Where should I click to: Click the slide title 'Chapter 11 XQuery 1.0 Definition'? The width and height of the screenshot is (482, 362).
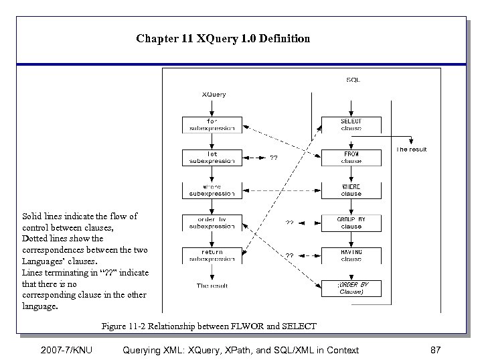point(223,38)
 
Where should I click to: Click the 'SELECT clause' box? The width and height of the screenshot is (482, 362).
point(351,125)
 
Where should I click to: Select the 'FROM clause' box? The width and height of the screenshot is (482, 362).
point(351,158)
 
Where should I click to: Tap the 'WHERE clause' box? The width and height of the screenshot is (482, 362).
point(351,190)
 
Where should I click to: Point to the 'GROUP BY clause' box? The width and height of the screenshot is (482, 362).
point(351,223)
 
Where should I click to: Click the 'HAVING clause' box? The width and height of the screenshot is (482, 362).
point(351,255)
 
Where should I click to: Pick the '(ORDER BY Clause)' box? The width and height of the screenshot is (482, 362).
point(351,288)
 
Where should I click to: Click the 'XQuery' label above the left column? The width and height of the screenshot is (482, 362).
point(214,95)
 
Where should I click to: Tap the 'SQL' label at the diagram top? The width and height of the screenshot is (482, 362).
point(353,79)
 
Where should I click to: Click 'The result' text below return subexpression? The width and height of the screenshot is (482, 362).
point(212,286)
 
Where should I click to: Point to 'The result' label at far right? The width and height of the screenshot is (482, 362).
point(412,149)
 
